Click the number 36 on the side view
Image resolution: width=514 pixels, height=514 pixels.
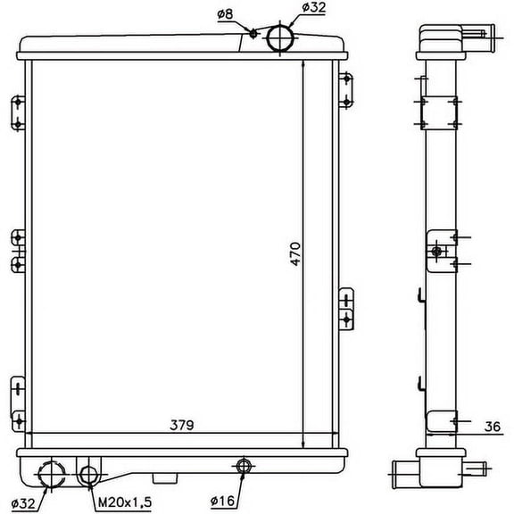[x=491, y=427]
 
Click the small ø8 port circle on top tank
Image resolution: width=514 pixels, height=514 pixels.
[x=253, y=35]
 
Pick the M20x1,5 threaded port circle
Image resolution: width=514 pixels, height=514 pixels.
[x=88, y=475]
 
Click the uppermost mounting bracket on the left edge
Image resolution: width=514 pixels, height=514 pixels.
[x=16, y=113]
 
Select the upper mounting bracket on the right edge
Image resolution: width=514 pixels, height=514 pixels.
[x=346, y=90]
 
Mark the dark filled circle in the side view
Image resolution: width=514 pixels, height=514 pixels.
[x=436, y=252]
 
